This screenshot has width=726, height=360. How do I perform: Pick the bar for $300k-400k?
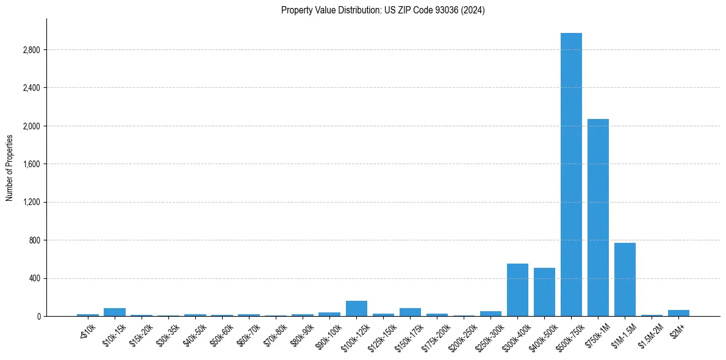point(517,290)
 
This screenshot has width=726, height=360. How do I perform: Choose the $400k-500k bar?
point(544,292)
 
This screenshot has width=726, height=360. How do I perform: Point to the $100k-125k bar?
point(356,309)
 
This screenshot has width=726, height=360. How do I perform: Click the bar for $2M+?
point(678,313)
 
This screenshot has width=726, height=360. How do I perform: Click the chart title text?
point(383,10)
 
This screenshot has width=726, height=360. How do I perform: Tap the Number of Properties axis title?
point(10,168)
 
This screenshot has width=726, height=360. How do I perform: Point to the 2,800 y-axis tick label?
point(31,50)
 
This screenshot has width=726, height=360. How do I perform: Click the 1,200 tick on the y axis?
point(31,203)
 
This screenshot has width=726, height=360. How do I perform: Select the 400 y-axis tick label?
point(34,279)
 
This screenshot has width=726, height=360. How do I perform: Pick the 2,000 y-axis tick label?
point(31,126)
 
